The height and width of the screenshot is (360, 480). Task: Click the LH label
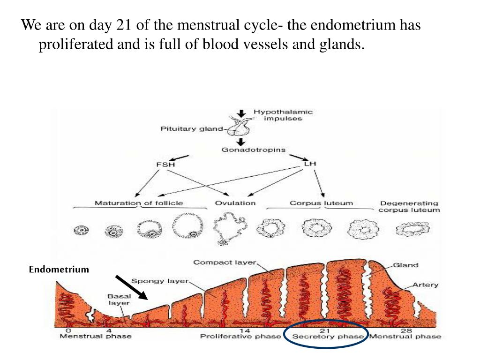[310, 164]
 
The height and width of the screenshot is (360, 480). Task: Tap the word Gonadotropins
[253, 150]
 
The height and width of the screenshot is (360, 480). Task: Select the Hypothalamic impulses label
[283, 115]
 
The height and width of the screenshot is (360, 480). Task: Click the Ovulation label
[235, 203]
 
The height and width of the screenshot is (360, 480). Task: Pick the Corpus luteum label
[321, 203]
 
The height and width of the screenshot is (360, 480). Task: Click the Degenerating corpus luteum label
[409, 206]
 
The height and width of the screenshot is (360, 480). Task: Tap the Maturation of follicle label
[139, 203]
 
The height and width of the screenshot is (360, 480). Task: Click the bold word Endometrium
[59, 270]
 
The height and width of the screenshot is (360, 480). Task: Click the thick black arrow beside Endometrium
[132, 287]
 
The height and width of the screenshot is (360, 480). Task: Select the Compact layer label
[225, 262]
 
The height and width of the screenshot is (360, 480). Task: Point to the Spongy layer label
[160, 281]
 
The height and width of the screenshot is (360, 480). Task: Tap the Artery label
[426, 285]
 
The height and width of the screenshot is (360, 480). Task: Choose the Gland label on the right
[405, 265]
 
